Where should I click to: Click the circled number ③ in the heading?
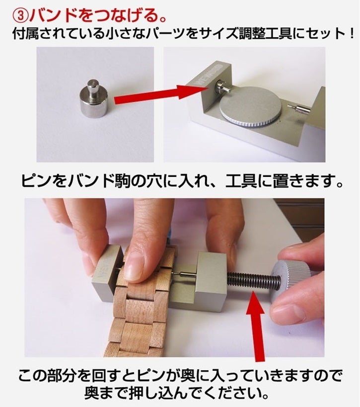(20, 16)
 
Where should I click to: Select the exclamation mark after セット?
(351, 34)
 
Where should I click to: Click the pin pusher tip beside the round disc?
(299, 109)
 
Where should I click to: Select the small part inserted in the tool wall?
(222, 88)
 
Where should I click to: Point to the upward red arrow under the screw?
(256, 326)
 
